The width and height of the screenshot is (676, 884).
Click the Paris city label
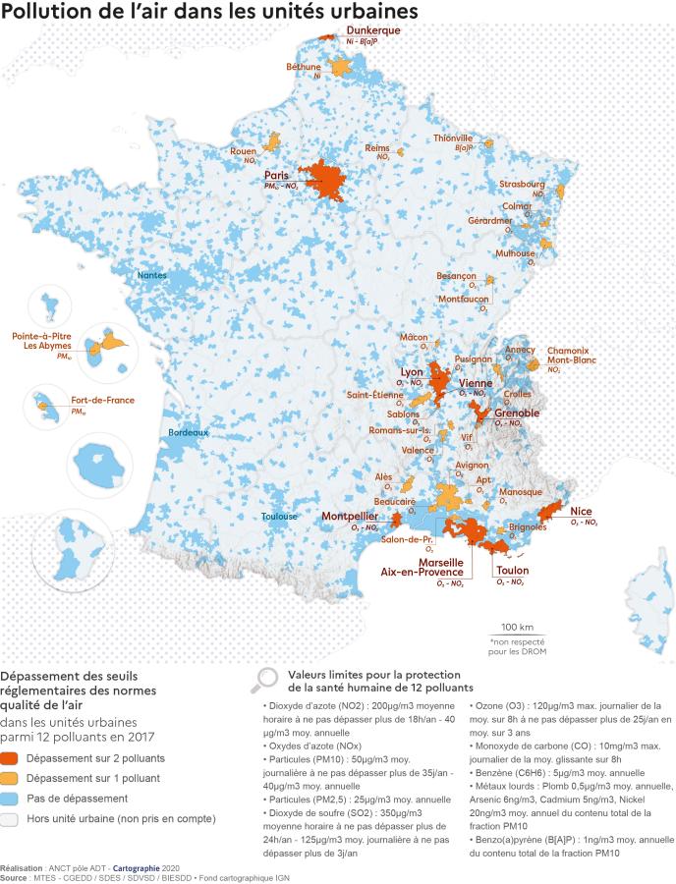[x=275, y=175]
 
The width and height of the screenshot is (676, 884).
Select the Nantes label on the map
[x=151, y=276]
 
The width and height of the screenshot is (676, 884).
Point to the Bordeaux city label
[x=188, y=432]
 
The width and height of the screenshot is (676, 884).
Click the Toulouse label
[x=279, y=517]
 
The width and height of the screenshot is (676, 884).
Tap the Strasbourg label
[x=522, y=184]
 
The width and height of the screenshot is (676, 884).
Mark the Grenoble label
[x=517, y=414]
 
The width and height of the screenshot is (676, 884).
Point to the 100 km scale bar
[x=517, y=636]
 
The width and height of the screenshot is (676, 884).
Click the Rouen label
[x=243, y=152]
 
